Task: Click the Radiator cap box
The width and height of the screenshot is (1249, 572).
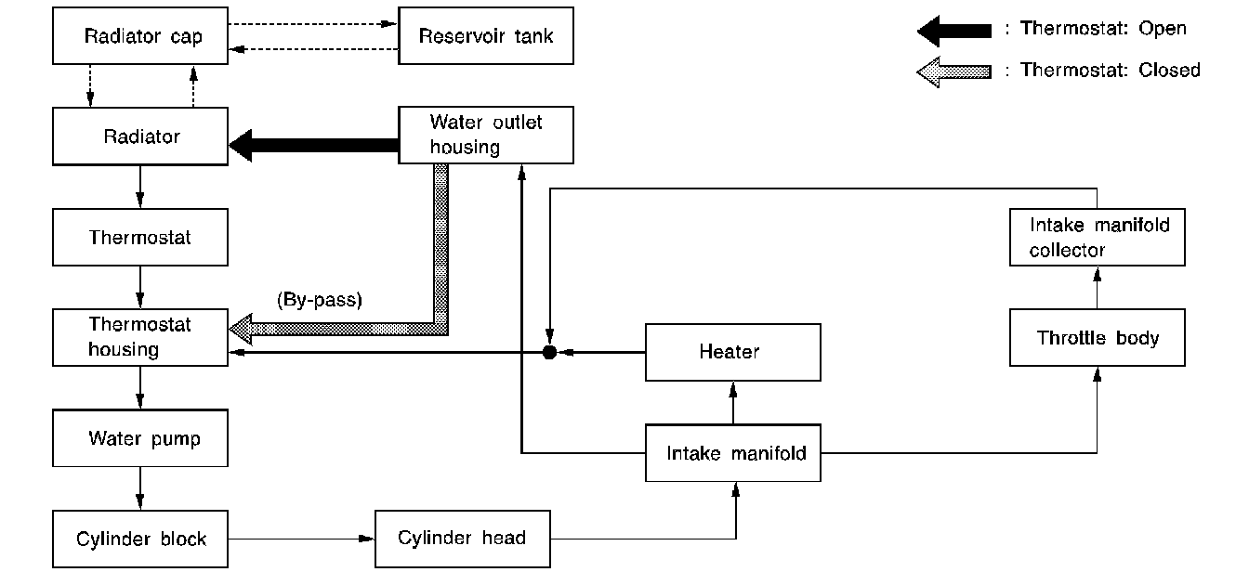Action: [140, 37]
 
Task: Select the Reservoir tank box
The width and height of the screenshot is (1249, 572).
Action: [486, 37]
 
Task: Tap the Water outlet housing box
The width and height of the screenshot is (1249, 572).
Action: [486, 136]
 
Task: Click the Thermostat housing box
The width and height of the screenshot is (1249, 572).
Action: [140, 337]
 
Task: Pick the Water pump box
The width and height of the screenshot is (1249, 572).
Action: [140, 438]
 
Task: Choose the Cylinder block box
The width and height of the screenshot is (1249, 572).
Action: [140, 539]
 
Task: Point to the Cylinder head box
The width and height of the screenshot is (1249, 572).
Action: [462, 539]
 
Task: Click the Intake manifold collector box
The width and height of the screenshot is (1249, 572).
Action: [1098, 238]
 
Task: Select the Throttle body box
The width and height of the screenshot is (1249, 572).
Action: [1098, 338]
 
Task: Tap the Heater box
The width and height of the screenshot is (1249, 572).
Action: [733, 352]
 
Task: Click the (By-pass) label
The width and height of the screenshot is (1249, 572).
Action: [319, 300]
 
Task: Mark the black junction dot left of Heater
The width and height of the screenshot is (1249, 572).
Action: [549, 353]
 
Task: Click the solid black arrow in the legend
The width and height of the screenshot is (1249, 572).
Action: [954, 31]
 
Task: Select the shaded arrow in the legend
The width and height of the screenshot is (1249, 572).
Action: [954, 71]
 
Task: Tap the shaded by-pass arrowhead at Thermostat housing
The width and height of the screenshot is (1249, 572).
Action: [243, 328]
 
